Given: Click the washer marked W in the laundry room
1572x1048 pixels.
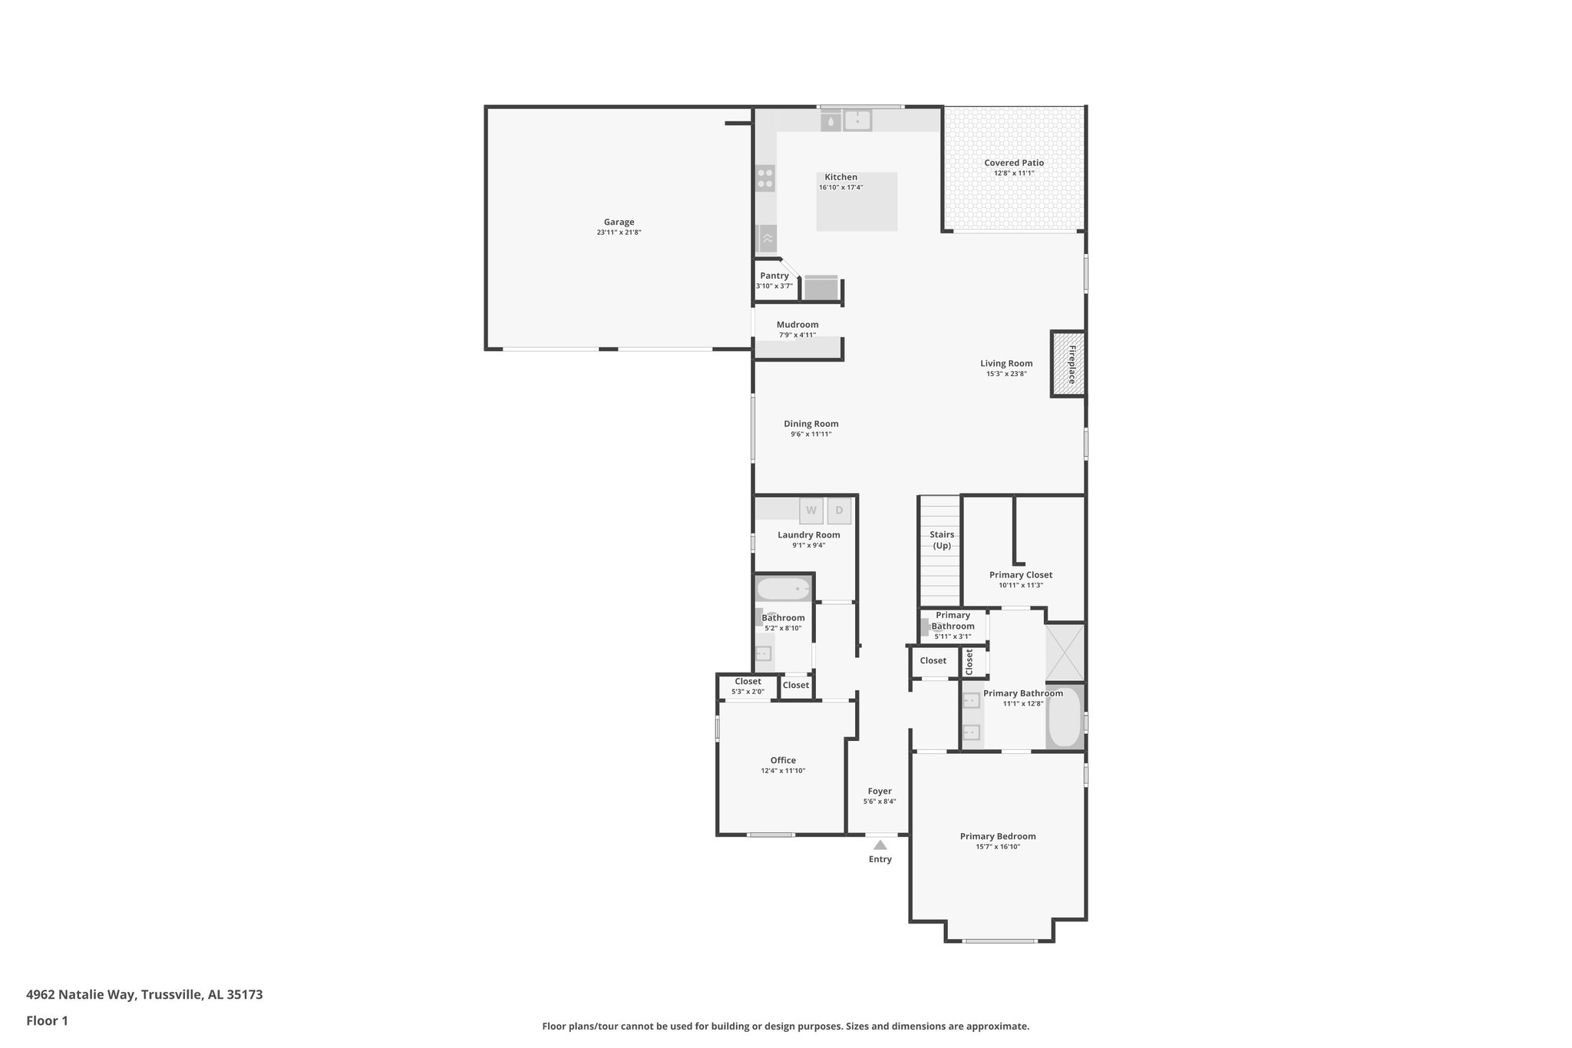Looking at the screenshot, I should [x=811, y=511].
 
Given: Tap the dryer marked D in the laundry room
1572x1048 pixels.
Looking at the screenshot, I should [x=839, y=511].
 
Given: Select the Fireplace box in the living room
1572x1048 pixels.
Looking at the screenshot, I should [x=1068, y=364].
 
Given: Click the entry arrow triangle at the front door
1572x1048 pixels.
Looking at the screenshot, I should [x=880, y=845].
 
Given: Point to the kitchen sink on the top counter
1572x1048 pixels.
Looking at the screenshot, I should [x=857, y=121].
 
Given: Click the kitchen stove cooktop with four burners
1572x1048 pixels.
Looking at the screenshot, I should [x=765, y=178].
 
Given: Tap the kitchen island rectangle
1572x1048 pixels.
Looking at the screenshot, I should [x=857, y=202].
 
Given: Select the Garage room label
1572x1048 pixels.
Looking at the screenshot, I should [x=619, y=222].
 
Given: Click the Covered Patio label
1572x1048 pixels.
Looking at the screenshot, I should [x=1013, y=163].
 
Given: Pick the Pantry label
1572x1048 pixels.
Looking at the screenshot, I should [x=774, y=276].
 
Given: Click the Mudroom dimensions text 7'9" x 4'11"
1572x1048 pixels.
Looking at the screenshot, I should [x=797, y=335].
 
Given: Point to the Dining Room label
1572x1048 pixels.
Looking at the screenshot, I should [x=811, y=424].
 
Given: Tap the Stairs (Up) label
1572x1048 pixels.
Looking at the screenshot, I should [x=942, y=540].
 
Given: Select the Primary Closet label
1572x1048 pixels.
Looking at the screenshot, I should [x=1020, y=574].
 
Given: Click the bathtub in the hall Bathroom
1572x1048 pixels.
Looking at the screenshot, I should [x=783, y=590].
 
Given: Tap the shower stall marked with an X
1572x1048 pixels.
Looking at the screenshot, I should [x=1065, y=652].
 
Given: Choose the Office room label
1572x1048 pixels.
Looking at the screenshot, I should [x=783, y=760].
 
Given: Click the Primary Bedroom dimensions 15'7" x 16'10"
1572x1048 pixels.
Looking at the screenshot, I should [x=997, y=847].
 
